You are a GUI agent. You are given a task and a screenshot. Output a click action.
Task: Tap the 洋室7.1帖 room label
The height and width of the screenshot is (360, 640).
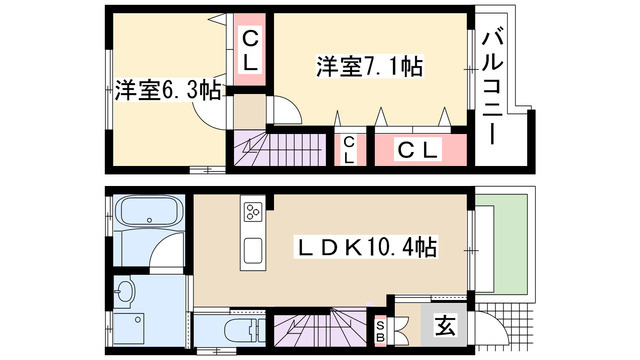click(x=370, y=67)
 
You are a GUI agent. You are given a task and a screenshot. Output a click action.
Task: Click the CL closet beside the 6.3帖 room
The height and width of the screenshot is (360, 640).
click(x=249, y=51)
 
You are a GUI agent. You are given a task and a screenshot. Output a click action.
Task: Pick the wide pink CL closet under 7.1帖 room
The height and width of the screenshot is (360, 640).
click(x=420, y=150)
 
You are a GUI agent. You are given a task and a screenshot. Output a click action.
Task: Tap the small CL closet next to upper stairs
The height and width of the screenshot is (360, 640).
click(x=349, y=150)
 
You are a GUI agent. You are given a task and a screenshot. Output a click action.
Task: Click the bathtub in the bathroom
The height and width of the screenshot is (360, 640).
click(x=146, y=214)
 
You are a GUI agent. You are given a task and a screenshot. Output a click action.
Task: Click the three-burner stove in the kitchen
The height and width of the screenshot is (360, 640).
click(x=252, y=212)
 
